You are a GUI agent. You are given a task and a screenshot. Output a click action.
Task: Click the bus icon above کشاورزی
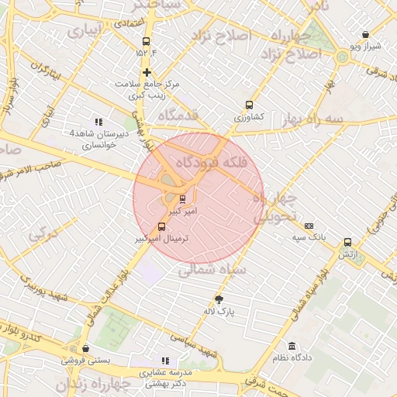point(249,105)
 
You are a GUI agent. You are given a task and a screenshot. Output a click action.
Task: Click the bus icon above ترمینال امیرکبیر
point(161,226)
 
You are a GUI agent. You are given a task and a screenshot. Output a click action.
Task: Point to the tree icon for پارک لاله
point(219,299)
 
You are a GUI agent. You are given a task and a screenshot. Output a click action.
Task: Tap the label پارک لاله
point(219,312)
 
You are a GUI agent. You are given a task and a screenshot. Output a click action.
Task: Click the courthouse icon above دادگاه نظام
point(292,346)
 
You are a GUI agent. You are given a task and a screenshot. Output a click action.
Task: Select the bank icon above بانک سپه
point(309,226)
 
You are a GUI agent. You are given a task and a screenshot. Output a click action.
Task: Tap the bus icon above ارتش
point(347,242)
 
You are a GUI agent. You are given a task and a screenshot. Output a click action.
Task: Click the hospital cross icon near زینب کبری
point(147,72)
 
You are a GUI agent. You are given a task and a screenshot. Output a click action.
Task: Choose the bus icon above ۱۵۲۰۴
point(147,42)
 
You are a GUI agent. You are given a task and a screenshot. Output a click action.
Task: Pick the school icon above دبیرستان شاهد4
point(98,122)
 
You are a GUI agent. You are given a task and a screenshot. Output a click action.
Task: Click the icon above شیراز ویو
point(365,35)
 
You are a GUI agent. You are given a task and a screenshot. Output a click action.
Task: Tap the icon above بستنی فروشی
point(85,349)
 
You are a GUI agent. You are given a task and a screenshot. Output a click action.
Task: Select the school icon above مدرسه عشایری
point(164,361)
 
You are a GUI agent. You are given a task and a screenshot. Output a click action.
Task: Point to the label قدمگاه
point(178,115)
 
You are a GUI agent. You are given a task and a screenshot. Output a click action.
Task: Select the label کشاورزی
point(250,116)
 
